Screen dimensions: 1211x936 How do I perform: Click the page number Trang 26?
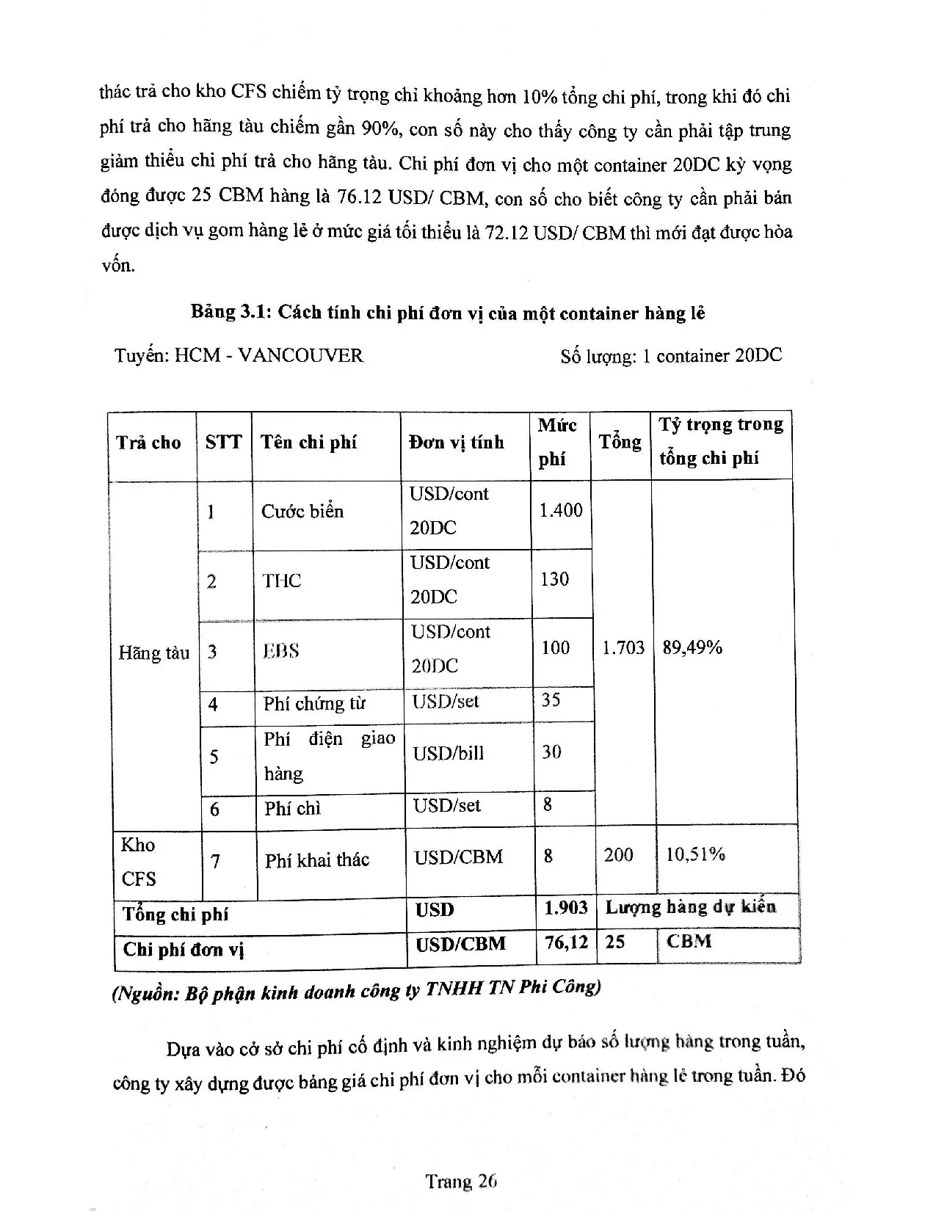(461, 1181)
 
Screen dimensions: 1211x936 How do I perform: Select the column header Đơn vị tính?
(456, 442)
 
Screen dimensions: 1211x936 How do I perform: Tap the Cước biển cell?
(302, 512)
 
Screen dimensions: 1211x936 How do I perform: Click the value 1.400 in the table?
(560, 510)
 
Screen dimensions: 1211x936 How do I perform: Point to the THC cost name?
(282, 581)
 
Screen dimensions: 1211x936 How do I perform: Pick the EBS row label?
(281, 651)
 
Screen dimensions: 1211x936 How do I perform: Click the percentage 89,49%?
(692, 647)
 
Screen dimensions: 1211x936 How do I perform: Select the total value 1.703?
(623, 647)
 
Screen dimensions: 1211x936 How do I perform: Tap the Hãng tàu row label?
(153, 652)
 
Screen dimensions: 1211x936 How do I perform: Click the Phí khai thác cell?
(316, 859)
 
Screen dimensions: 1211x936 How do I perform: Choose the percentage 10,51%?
(694, 854)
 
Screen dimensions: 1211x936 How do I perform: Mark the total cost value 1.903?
(565, 908)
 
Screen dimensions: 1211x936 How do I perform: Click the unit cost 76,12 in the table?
(566, 942)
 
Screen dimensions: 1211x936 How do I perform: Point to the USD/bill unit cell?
(448, 754)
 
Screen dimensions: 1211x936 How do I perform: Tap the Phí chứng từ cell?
(313, 704)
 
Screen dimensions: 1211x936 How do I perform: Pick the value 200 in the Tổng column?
(618, 854)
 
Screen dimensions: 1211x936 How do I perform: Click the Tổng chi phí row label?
(175, 914)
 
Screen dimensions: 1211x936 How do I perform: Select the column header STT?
(223, 442)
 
